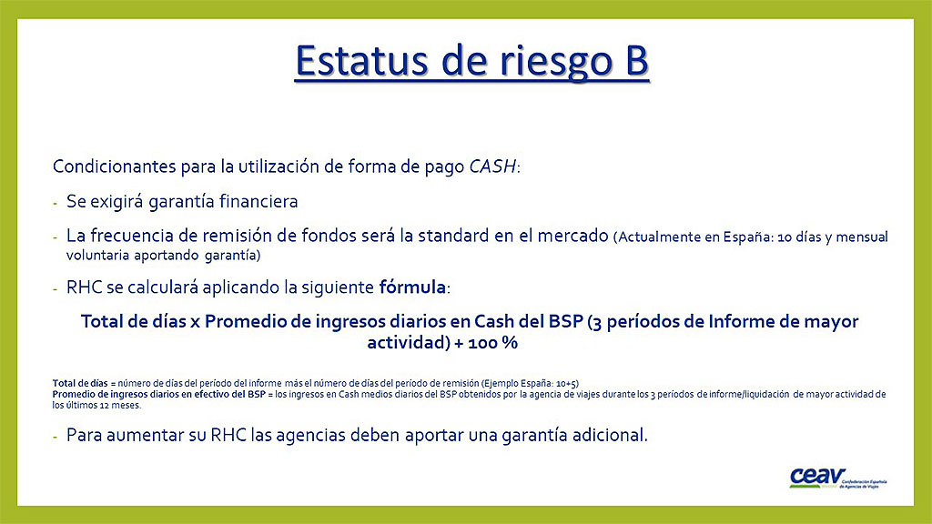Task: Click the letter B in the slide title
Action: (636, 61)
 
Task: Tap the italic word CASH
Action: (492, 166)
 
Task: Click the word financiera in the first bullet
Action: (258, 201)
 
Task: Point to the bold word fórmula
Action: (412, 287)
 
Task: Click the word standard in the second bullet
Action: (453, 236)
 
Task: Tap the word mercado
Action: (573, 236)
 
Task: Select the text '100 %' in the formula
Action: (492, 343)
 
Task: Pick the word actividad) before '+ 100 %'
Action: (409, 343)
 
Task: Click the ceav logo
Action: (837, 479)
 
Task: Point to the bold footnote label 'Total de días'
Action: (80, 383)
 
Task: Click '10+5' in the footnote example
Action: (566, 383)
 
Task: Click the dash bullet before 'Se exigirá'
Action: (56, 204)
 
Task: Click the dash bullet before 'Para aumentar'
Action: (56, 438)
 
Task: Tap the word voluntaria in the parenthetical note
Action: (97, 256)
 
